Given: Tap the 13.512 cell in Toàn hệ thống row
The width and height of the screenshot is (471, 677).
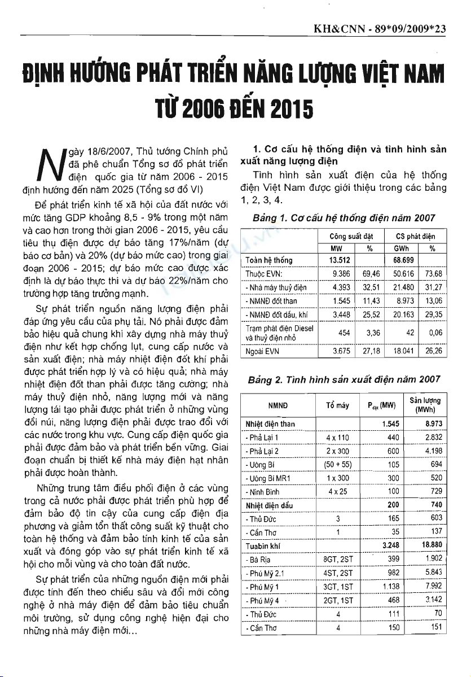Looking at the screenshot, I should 341,260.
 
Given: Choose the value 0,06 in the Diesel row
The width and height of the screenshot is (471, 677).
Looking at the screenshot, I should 435,333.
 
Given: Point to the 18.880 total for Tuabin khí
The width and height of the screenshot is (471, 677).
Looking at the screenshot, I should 432,545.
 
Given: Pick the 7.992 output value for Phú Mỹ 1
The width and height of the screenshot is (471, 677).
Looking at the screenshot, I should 432,586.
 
